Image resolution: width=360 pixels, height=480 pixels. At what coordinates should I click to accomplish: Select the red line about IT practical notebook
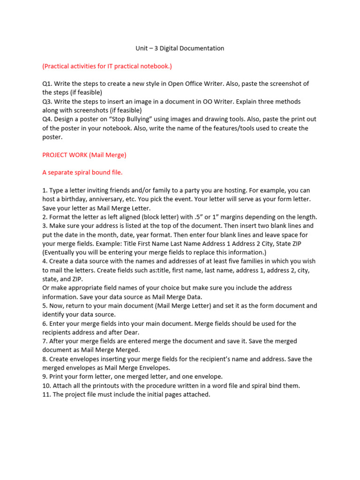(107, 66)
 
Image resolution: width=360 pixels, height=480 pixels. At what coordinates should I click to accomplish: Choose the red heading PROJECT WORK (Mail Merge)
(84, 155)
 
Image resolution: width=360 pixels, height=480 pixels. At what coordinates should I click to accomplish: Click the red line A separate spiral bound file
(82, 172)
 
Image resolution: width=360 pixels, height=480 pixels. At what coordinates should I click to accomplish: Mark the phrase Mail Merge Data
(175, 297)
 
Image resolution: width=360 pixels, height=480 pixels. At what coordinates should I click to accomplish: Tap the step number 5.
(45, 306)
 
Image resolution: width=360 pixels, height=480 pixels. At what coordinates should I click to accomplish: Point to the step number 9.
(45, 376)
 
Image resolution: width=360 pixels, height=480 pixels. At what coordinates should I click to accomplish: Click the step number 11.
(46, 394)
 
